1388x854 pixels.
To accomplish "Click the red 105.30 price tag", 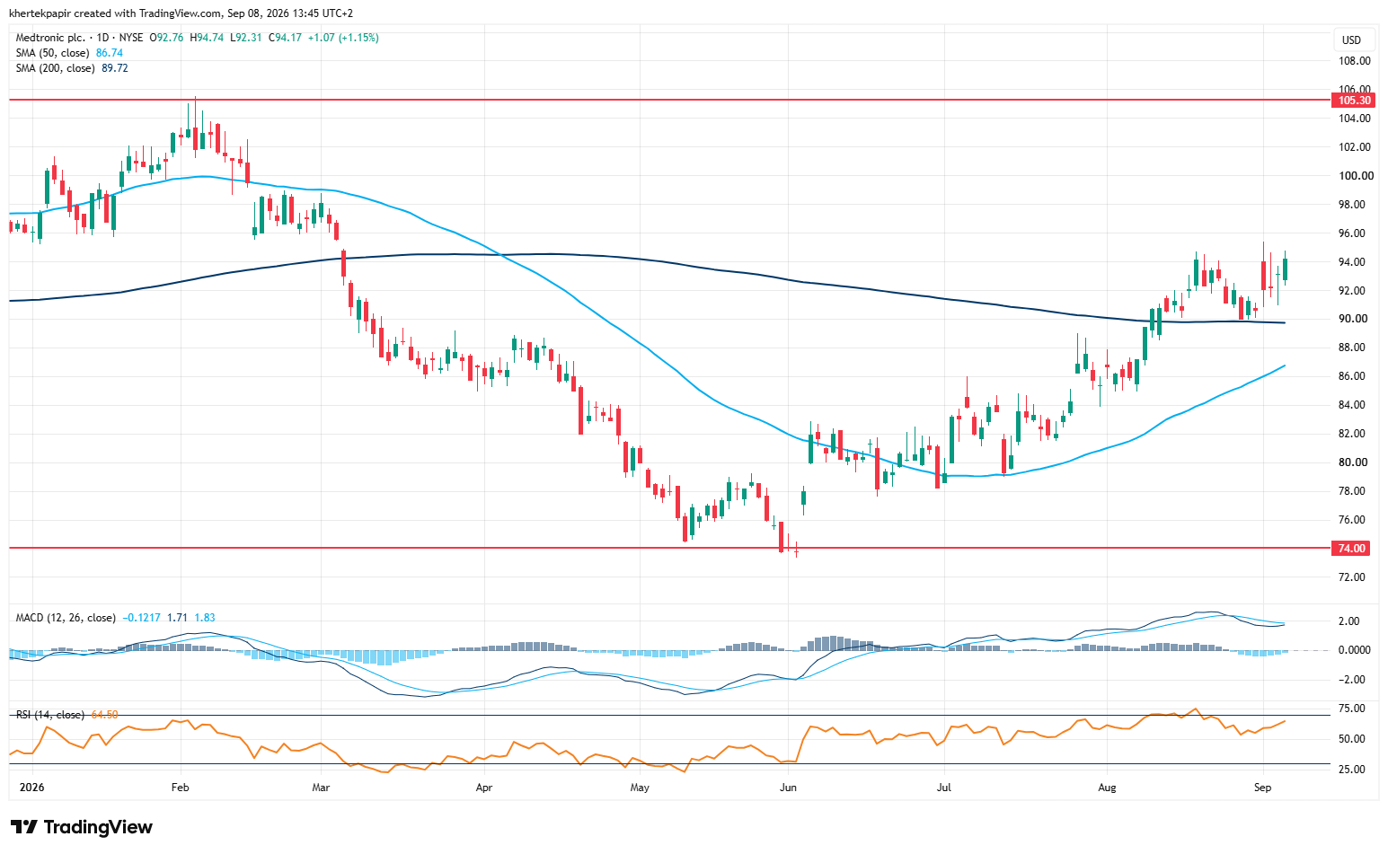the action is (1353, 101).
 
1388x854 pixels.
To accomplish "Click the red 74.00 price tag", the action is (1353, 548).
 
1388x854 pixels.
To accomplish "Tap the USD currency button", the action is (1351, 40).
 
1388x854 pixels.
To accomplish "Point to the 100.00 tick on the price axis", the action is (1354, 176).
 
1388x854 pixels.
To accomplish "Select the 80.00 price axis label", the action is (1353, 462).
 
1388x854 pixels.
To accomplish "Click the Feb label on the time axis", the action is (180, 788).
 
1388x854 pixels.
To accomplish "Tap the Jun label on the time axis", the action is (788, 788).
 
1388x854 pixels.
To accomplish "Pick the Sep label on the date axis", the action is (1262, 788).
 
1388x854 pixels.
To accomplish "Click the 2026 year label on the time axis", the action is (31, 788).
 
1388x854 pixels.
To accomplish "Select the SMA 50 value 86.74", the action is (109, 53).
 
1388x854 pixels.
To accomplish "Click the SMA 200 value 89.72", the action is (115, 68).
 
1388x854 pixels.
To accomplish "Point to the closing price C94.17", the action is (285, 38).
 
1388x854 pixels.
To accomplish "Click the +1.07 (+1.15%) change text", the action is (343, 38).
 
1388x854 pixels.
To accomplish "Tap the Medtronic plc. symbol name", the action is (51, 38).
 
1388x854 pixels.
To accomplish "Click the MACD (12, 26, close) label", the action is (66, 618).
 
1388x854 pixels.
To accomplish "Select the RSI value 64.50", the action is (105, 715).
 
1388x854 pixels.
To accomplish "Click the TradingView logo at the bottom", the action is (81, 827).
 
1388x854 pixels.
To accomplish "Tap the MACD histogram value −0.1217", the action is (141, 618).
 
